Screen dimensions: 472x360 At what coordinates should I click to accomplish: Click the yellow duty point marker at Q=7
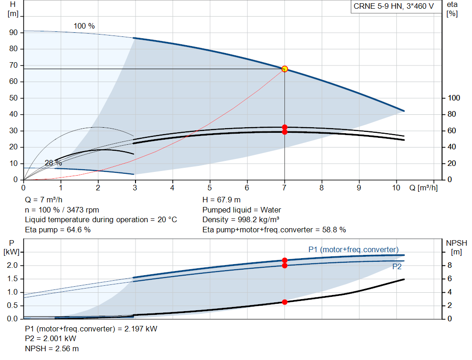tap(284, 69)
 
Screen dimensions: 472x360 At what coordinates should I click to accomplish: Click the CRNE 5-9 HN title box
tap(394, 6)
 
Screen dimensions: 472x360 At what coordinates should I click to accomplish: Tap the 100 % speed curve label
tap(84, 26)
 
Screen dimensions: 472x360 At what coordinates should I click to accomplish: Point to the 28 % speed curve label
tap(53, 163)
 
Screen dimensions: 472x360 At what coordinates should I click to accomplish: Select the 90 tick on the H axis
tap(13, 33)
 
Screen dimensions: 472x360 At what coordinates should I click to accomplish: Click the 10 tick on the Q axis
tap(396, 188)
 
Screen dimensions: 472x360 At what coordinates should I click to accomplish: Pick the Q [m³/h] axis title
tap(423, 188)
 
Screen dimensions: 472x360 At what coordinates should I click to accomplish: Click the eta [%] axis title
tap(452, 9)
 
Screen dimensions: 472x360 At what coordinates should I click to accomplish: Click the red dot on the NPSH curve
tap(284, 302)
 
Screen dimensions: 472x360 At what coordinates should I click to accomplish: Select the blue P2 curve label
tap(397, 267)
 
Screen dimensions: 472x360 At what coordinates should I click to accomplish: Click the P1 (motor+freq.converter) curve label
tap(354, 249)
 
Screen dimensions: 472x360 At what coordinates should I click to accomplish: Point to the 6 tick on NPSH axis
tap(449, 279)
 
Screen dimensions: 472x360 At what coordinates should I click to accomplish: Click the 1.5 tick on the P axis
tap(12, 279)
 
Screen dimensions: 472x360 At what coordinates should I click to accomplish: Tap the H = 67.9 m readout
tap(222, 200)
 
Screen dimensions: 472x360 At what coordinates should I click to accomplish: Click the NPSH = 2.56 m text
tap(52, 348)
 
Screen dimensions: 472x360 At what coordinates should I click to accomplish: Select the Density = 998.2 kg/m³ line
tap(241, 220)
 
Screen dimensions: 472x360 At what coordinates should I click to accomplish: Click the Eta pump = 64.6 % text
tap(58, 230)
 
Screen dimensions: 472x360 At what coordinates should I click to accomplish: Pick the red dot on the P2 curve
tap(284, 266)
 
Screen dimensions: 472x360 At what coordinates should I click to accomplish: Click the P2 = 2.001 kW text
tap(51, 339)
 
